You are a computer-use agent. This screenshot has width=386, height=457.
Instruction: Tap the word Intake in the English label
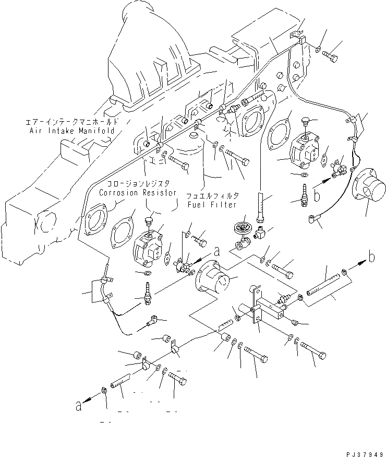(61, 130)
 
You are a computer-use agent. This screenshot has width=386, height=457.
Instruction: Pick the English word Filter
(224, 205)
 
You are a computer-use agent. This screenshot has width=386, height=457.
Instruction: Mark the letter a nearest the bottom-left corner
(79, 406)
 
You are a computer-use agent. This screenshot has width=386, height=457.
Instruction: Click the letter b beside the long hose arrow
(371, 257)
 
